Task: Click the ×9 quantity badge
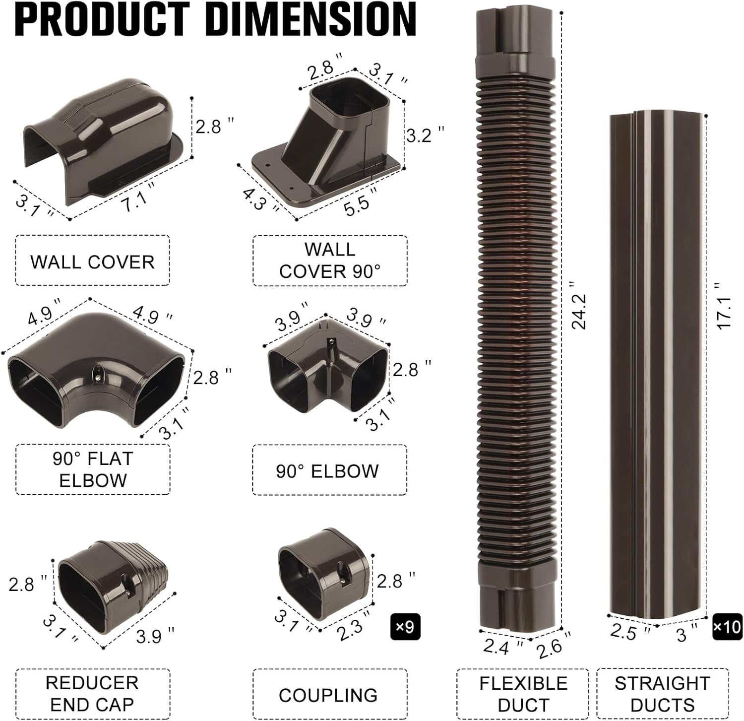pos(405,627)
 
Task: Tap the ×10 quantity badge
pos(727,627)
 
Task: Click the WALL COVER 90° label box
pos(330,261)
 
